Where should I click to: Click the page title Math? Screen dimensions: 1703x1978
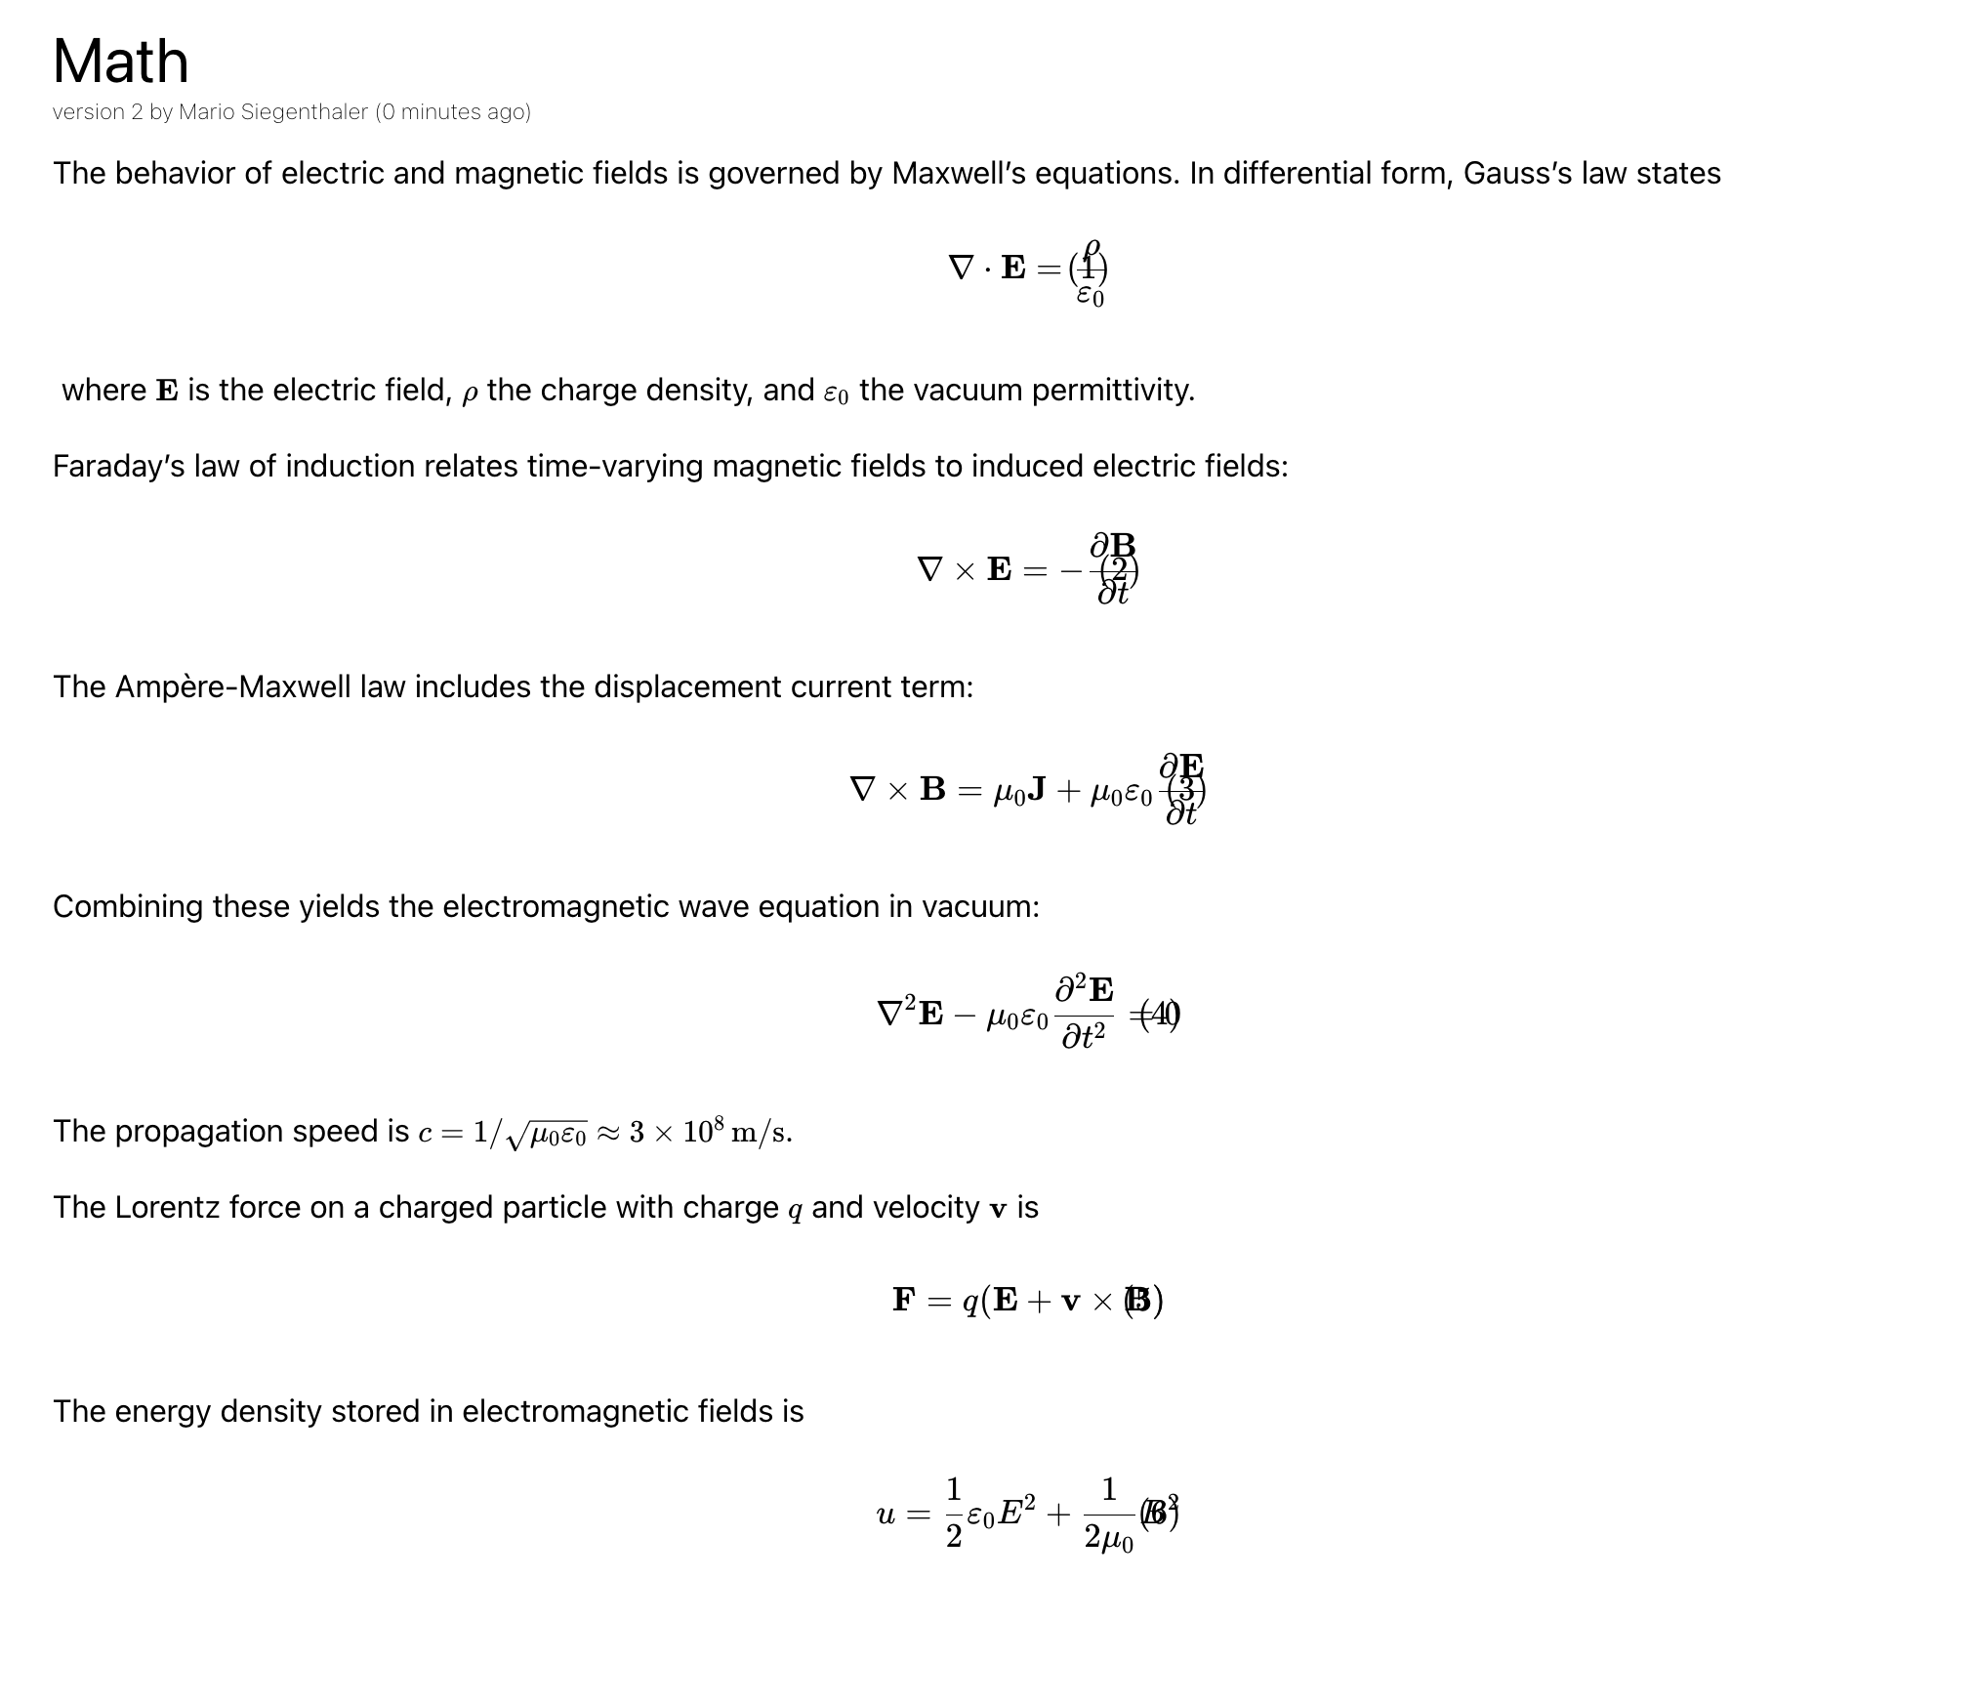click(x=120, y=62)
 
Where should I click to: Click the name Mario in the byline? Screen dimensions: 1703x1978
click(x=207, y=112)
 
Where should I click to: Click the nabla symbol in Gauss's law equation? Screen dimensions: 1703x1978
click(x=961, y=268)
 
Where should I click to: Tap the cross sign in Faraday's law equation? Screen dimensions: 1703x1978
click(x=965, y=570)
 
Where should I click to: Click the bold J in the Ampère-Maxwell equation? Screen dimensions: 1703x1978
click(x=1037, y=790)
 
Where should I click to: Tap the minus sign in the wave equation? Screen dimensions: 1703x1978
click(x=964, y=1016)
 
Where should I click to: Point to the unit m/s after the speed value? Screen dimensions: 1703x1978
click(x=761, y=1132)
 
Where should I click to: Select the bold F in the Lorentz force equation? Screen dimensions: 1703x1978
click(x=904, y=1301)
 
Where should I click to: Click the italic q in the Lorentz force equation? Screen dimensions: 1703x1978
click(x=970, y=1303)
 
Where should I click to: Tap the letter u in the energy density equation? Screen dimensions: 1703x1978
click(x=886, y=1515)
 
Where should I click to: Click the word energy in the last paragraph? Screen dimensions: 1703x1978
click(x=163, y=1412)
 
